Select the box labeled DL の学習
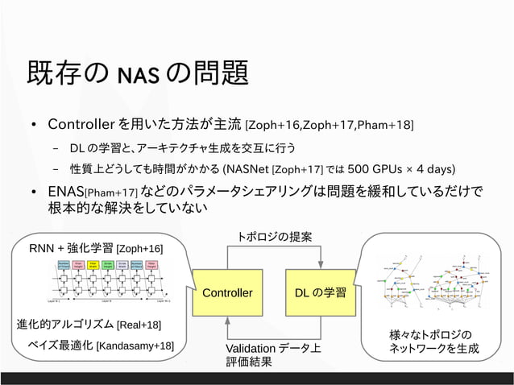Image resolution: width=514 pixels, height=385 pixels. pyautogui.click(x=321, y=292)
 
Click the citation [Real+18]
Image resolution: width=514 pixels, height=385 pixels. pyautogui.click(x=139, y=325)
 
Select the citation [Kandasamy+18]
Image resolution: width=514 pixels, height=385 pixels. pyautogui.click(x=135, y=346)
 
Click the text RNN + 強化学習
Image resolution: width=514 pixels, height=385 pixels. pyautogui.click(x=72, y=248)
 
